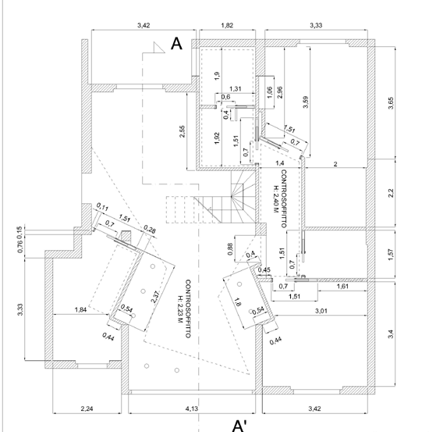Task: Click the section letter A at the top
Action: pyautogui.click(x=176, y=44)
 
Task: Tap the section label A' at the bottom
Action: pyautogui.click(x=239, y=426)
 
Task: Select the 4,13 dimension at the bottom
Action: pyautogui.click(x=192, y=409)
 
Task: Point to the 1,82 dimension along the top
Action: pyautogui.click(x=227, y=25)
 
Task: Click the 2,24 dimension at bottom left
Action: pyautogui.click(x=87, y=409)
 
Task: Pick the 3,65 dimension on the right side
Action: pyautogui.click(x=391, y=103)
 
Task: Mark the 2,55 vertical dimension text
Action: pyautogui.click(x=182, y=131)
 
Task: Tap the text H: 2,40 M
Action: pyautogui.click(x=275, y=199)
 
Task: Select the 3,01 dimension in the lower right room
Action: pyautogui.click(x=321, y=311)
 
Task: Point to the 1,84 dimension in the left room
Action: pyautogui.click(x=80, y=309)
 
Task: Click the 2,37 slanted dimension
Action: pyautogui.click(x=155, y=297)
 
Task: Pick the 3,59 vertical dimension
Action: pyautogui.click(x=306, y=102)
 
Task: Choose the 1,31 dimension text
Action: pyautogui.click(x=236, y=89)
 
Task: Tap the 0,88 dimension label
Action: pyautogui.click(x=231, y=249)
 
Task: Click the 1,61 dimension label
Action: pyautogui.click(x=342, y=286)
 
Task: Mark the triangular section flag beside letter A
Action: pyautogui.click(x=159, y=48)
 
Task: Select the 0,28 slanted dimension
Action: pyautogui.click(x=150, y=229)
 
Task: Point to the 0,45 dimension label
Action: pyautogui.click(x=264, y=270)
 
